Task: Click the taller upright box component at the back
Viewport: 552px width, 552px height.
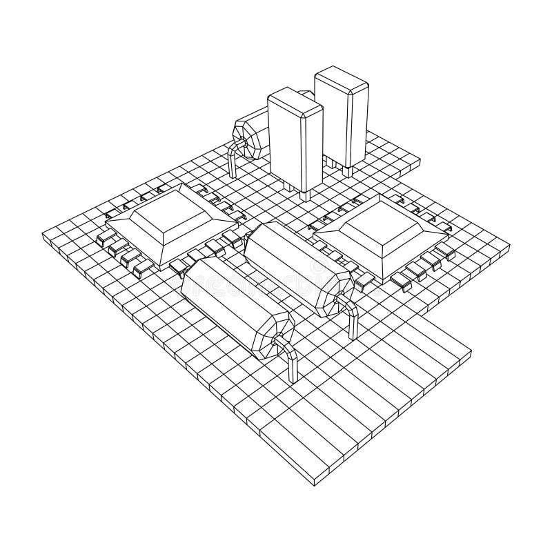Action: tap(343, 124)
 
